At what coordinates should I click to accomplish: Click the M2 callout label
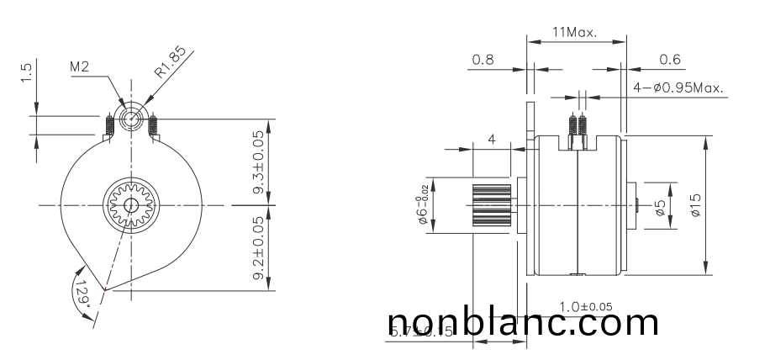[80, 67]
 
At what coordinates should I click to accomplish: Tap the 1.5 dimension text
[28, 73]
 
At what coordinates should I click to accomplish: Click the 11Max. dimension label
[574, 33]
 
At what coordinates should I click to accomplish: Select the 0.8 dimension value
[483, 60]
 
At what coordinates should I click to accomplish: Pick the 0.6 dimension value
[669, 60]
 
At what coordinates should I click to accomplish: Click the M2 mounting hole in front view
[131, 119]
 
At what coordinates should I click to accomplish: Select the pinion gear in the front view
[130, 205]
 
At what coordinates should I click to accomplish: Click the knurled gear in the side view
[491, 204]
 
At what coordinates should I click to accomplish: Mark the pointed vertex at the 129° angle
[104, 290]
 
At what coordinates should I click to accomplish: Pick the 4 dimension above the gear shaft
[491, 139]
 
